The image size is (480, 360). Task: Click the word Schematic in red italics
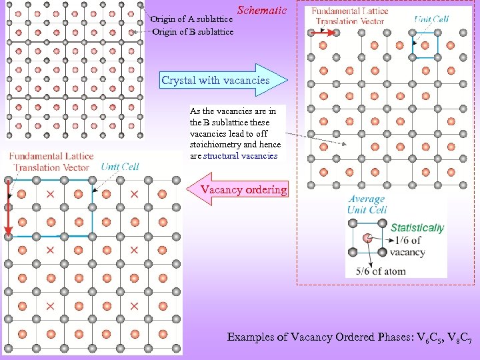(262, 11)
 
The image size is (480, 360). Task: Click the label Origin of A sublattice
(191, 19)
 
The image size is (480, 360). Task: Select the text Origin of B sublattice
(193, 31)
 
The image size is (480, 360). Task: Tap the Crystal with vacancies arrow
(220, 81)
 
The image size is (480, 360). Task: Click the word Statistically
(417, 228)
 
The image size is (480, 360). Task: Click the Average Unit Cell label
(367, 204)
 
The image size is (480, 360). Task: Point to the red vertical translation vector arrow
(8, 207)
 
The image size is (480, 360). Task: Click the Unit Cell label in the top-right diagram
(431, 19)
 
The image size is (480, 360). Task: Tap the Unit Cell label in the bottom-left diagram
(120, 166)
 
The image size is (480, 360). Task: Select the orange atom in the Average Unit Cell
(367, 237)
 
